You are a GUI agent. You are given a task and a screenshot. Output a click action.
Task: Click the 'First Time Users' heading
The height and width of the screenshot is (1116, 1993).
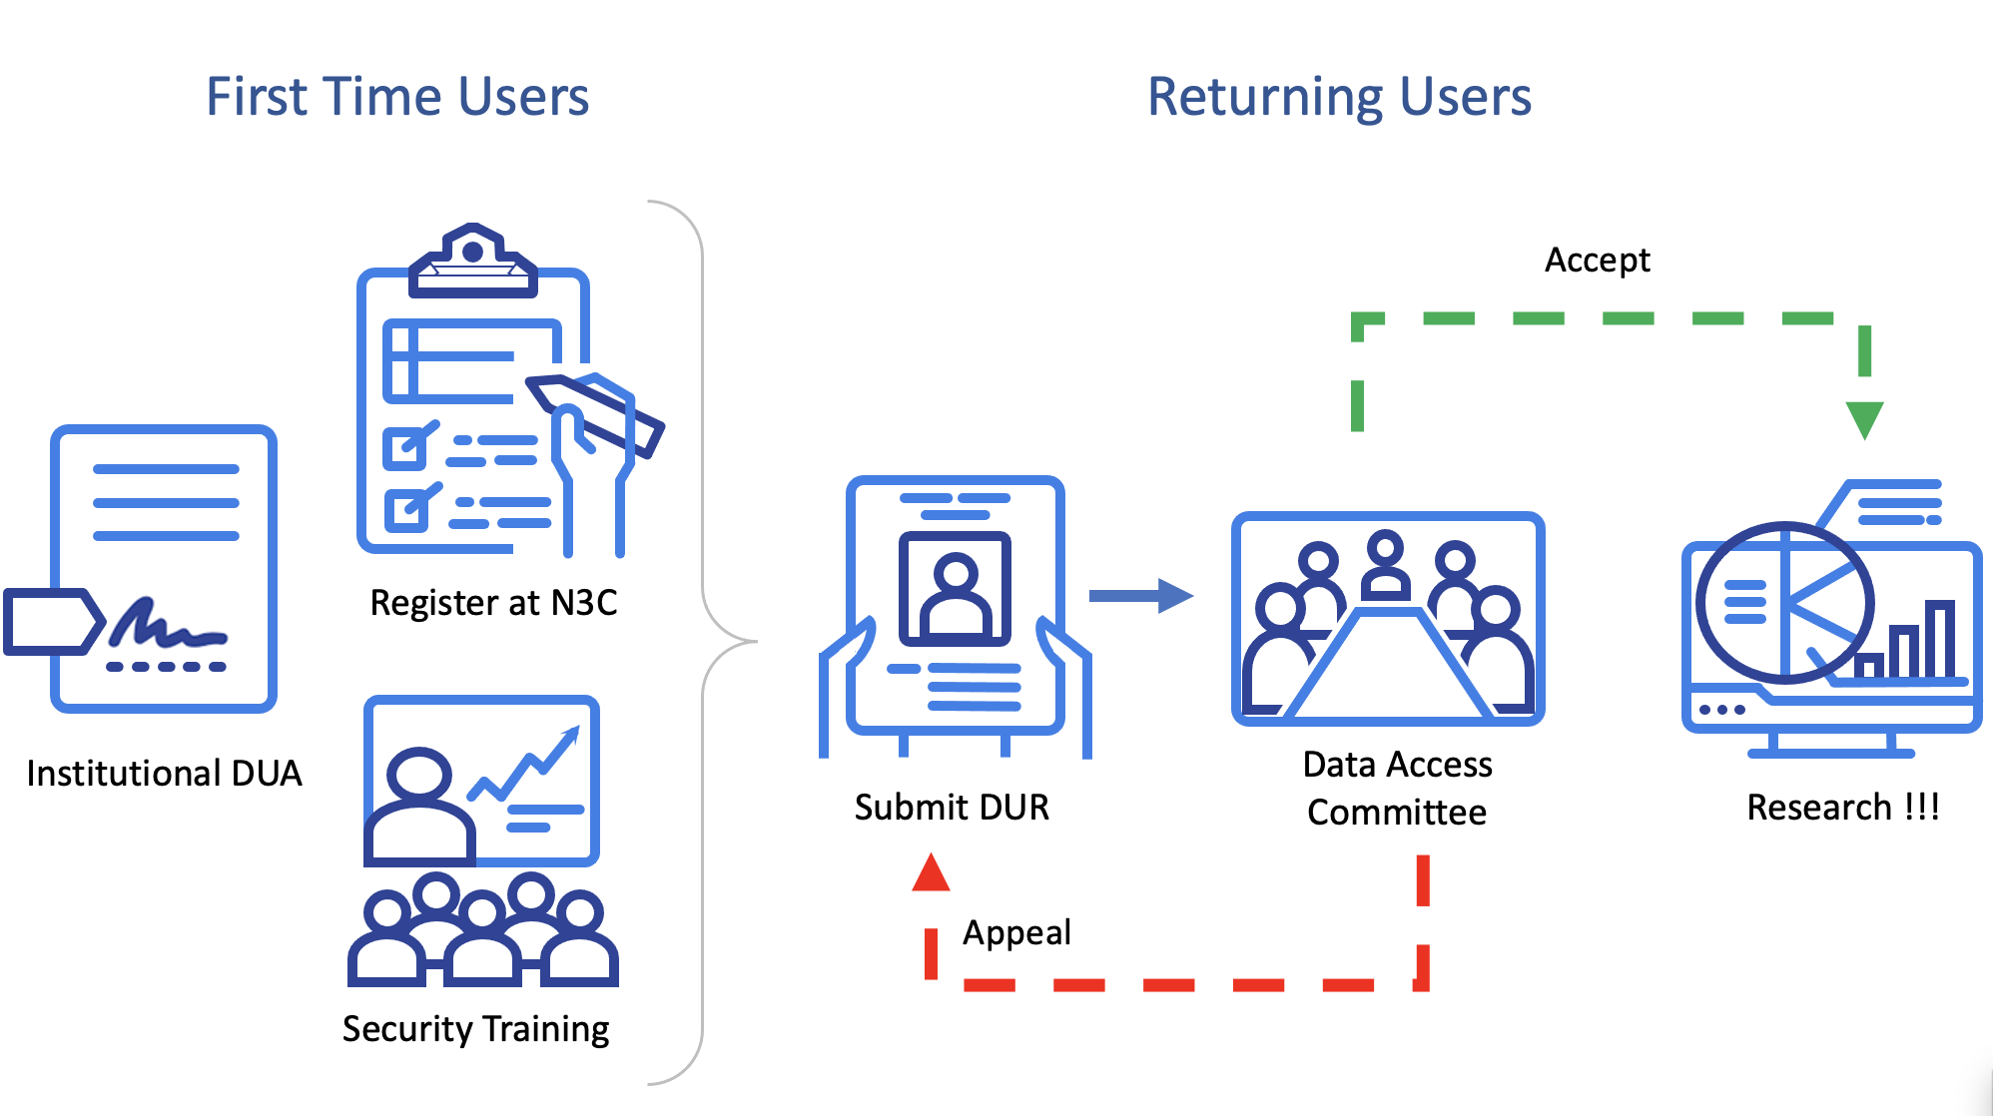[397, 97]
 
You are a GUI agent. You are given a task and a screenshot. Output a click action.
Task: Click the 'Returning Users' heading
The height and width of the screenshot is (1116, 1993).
[1339, 97]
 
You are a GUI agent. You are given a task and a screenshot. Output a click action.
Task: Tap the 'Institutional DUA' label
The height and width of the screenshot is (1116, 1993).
[164, 774]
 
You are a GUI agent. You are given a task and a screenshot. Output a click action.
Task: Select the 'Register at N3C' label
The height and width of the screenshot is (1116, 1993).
[493, 603]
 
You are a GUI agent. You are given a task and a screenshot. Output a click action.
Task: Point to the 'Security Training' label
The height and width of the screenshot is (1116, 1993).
[475, 1029]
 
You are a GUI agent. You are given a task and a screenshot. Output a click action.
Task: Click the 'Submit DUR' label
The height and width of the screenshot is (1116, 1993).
[952, 807]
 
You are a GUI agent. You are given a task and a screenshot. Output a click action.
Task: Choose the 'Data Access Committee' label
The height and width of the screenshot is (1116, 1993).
[1397, 789]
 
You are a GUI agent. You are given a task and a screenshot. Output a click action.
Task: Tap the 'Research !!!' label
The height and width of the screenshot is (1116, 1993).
[1842, 807]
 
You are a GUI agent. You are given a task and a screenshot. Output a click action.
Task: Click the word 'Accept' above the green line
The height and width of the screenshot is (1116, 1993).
[1597, 261]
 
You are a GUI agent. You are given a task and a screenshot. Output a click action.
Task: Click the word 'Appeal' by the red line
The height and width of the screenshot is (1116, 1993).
[1016, 932]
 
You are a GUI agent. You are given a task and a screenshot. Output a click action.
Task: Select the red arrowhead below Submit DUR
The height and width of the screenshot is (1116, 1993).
[931, 873]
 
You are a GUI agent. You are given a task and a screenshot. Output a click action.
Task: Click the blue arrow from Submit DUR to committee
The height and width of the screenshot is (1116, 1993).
[1140, 596]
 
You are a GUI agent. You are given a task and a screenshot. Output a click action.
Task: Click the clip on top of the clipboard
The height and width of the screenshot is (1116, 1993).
[472, 262]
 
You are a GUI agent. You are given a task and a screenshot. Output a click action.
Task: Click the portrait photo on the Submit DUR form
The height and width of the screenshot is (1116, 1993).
[955, 589]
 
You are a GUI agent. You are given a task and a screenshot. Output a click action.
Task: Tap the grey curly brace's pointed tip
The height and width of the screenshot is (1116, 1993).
[756, 641]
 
